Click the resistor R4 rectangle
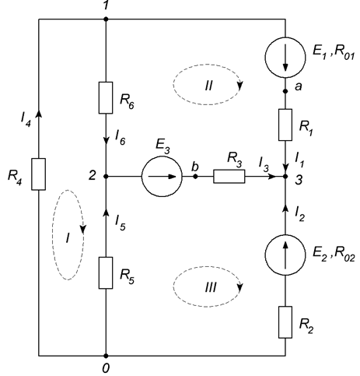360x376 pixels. point(39,174)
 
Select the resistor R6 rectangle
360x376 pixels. point(106,98)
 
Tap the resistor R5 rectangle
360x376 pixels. point(106,272)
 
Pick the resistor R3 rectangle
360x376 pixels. point(229,177)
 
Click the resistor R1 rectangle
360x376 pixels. point(285,125)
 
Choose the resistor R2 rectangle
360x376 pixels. point(285,322)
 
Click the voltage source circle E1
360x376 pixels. point(285,58)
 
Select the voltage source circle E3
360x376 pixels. point(162,177)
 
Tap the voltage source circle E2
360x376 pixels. point(285,255)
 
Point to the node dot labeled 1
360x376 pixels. point(106,19)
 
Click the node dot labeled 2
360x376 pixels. point(106,177)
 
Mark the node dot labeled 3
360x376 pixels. point(285,177)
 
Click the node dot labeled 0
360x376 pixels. point(106,356)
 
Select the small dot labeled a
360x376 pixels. point(285,91)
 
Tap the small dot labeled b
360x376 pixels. point(196,177)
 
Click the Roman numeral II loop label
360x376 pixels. point(208,86)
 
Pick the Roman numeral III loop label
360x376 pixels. point(211,287)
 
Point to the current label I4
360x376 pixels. point(26,120)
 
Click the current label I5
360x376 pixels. point(121,223)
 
